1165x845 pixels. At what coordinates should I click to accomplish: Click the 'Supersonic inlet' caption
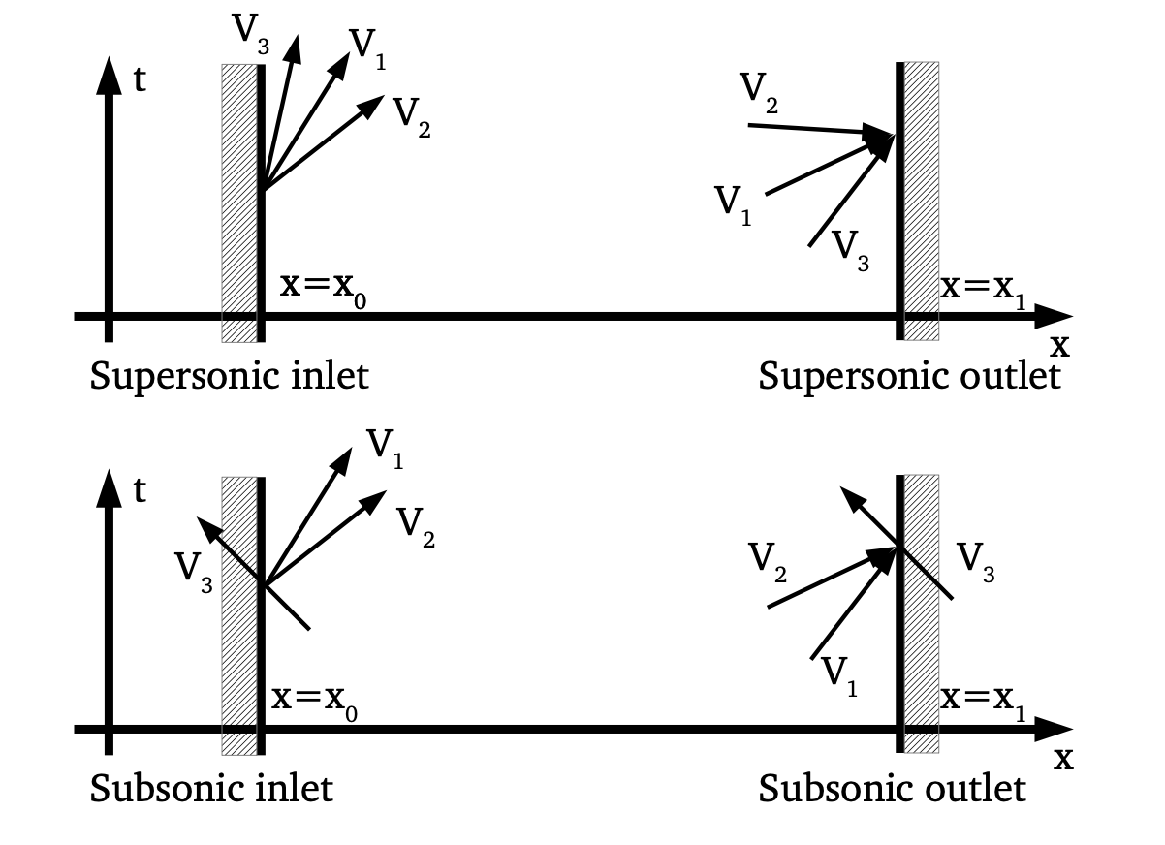tap(229, 375)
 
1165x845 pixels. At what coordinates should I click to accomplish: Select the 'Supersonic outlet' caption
tap(909, 375)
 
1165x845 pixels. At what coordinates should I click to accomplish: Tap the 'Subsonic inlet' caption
tap(210, 788)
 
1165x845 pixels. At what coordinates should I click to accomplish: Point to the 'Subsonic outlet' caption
tap(892, 788)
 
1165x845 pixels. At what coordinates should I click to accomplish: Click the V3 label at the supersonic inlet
tap(251, 32)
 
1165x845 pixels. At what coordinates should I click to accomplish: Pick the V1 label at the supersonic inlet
tap(367, 47)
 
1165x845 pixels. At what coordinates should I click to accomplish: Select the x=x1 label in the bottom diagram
tap(982, 700)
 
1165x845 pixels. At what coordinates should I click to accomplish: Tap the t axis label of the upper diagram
tap(140, 79)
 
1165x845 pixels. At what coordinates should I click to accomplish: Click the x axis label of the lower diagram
tap(1063, 757)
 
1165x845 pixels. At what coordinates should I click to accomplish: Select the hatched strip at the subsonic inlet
tap(238, 614)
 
